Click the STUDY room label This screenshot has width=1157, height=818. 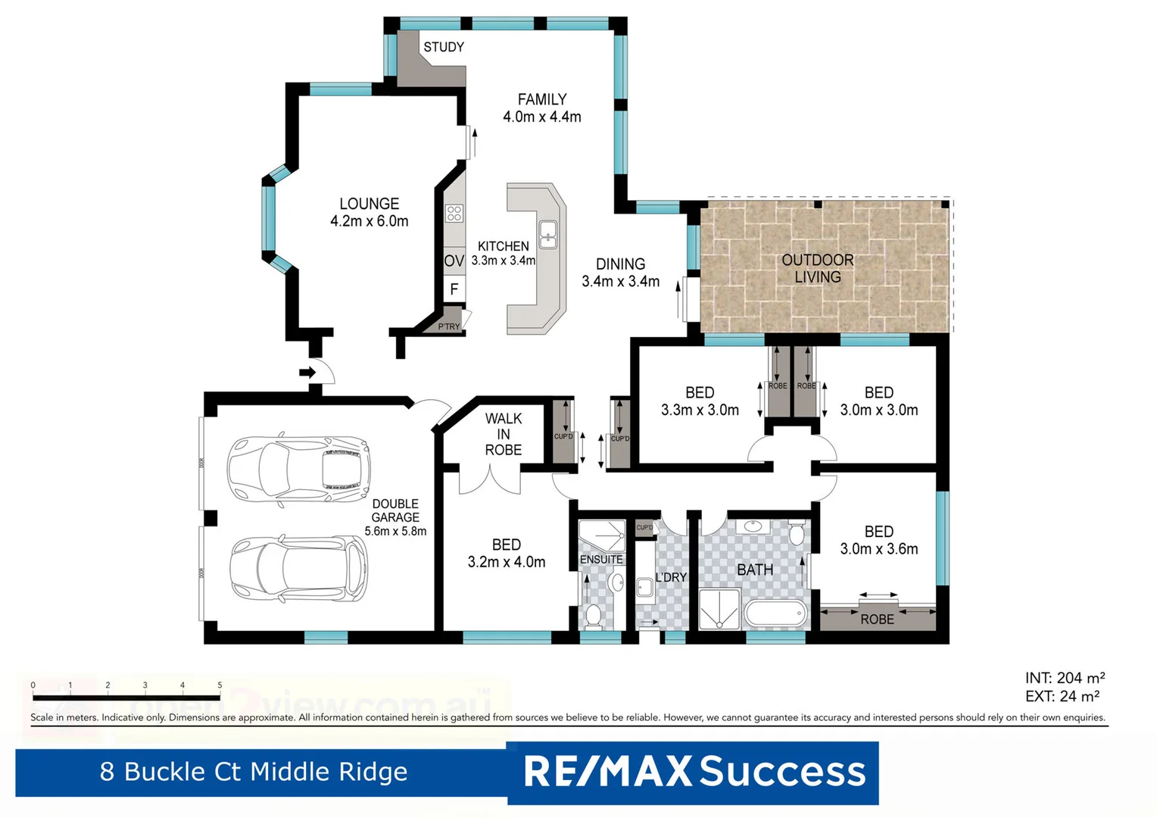click(443, 47)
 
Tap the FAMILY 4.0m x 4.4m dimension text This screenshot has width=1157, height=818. click(542, 117)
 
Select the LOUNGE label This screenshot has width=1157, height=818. click(369, 204)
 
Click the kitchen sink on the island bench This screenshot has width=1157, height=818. click(547, 234)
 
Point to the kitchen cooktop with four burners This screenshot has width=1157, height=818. click(454, 214)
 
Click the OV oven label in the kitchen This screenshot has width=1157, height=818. click(454, 261)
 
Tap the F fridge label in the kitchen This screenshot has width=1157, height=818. click(454, 289)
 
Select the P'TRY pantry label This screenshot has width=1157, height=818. click(448, 326)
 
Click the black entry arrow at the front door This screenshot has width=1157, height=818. click(307, 372)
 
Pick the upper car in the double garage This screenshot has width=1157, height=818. click(300, 469)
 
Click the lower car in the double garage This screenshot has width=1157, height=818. click(300, 570)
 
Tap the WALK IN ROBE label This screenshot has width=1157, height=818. click(504, 434)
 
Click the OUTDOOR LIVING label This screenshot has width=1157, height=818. click(818, 268)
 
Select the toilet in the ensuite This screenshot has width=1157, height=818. click(594, 616)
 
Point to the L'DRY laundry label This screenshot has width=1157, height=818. click(671, 577)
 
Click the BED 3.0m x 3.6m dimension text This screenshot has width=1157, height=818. click(878, 549)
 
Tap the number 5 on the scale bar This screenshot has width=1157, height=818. click(220, 685)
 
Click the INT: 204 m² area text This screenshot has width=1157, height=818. click(1065, 678)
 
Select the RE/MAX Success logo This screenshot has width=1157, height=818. click(694, 772)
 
